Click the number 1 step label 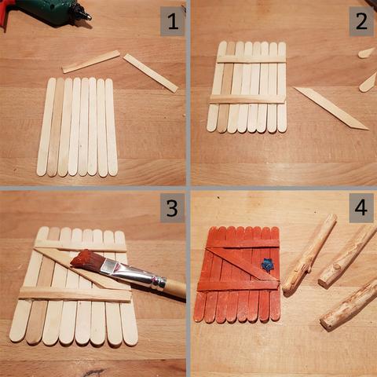[x=173, y=21]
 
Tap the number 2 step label [x=361, y=21]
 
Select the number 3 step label [x=172, y=208]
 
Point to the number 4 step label [x=361, y=208]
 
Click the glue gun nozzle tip [x=89, y=18]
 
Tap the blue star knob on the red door [x=265, y=265]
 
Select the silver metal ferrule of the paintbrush [x=134, y=275]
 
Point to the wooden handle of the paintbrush [x=175, y=289]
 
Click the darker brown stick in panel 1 [x=56, y=127]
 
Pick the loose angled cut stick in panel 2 [x=331, y=108]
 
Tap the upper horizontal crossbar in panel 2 [x=251, y=59]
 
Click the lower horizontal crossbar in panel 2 [x=247, y=99]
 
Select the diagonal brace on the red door [x=242, y=264]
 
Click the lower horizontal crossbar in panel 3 [x=75, y=295]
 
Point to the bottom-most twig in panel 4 [x=349, y=306]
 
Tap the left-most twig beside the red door [x=309, y=254]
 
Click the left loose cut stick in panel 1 [x=91, y=61]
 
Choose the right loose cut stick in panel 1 [x=151, y=73]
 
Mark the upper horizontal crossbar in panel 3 [x=80, y=247]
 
